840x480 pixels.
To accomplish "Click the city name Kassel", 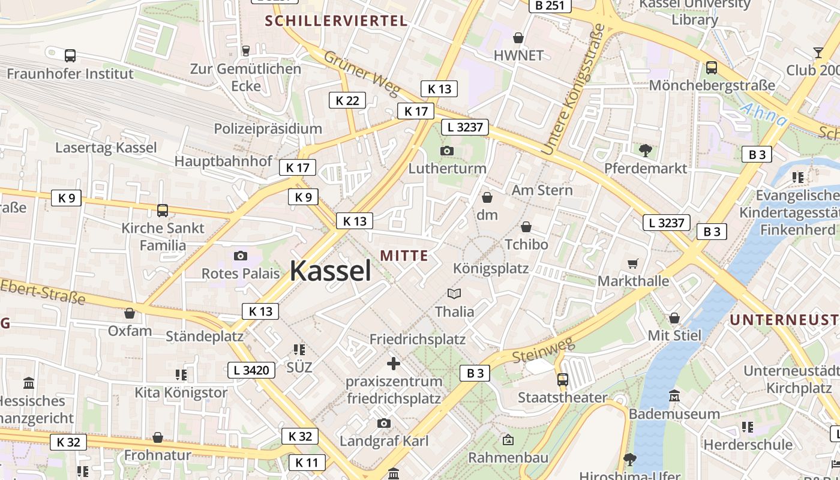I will (331, 271).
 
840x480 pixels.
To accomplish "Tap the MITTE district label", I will (404, 256).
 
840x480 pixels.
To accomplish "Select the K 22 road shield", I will (347, 100).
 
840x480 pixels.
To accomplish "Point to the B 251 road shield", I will (550, 5).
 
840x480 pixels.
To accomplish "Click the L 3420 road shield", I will (251, 370).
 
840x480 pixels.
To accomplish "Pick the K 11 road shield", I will (307, 463).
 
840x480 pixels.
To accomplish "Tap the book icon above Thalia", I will (454, 293).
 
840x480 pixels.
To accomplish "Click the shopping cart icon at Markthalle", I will (633, 263).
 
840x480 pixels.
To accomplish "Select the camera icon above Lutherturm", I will (447, 151).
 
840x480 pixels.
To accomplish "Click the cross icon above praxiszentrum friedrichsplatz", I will (394, 363).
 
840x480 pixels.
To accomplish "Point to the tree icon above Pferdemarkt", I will (645, 150).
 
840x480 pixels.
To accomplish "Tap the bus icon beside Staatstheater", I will (562, 379).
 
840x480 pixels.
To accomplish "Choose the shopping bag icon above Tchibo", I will (526, 227).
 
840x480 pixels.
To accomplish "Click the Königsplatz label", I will (491, 268).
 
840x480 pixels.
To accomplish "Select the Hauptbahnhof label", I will (223, 161).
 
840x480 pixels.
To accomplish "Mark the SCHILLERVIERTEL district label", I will (336, 21).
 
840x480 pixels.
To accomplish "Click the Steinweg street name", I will (544, 349).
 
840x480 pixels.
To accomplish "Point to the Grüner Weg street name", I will (362, 73).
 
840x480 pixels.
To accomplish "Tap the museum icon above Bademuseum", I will (674, 396).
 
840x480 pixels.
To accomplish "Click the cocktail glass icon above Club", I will (818, 52).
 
